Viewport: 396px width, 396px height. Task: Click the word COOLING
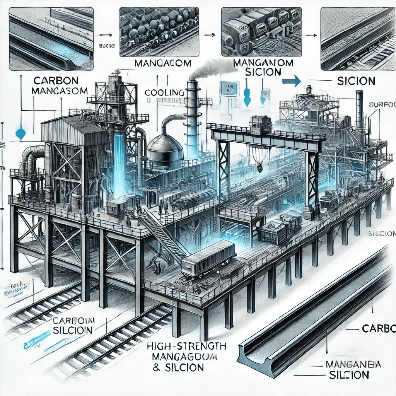[164, 93]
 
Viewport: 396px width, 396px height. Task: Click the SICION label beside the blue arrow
[356, 81]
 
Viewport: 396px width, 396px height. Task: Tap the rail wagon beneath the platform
[208, 258]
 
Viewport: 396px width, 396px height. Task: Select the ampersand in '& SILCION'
[157, 367]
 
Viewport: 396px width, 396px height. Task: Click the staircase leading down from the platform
[162, 236]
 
